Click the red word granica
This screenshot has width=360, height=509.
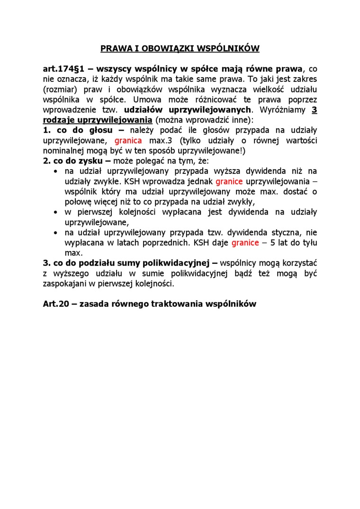click(x=128, y=141)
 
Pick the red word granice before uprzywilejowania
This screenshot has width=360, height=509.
click(x=229, y=181)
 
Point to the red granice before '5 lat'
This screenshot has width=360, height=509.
click(x=245, y=243)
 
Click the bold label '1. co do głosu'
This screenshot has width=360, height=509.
click(x=78, y=130)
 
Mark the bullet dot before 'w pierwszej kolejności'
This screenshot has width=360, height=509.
click(x=55, y=212)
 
